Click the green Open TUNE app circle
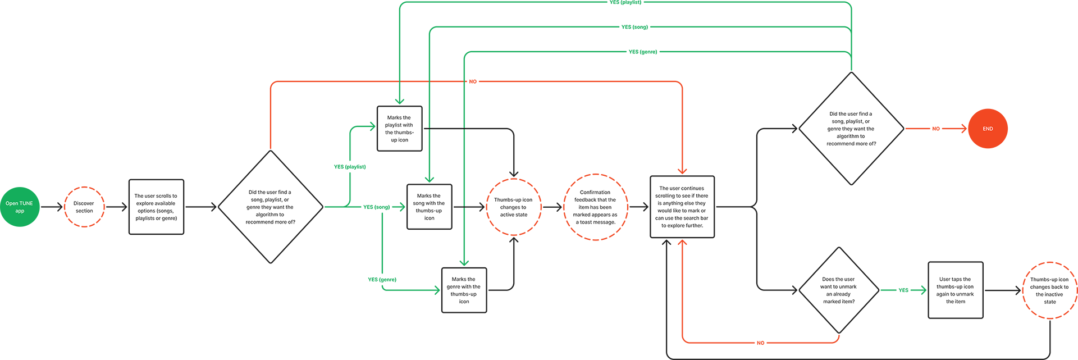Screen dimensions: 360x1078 tap(20, 207)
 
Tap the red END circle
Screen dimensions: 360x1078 tap(988, 129)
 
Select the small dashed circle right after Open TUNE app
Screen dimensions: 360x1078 tap(84, 207)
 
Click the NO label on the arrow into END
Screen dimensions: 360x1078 tap(936, 129)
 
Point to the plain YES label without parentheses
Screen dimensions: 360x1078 tap(903, 290)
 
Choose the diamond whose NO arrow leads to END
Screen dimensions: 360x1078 tap(851, 129)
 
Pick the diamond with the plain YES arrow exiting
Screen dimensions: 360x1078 tap(839, 290)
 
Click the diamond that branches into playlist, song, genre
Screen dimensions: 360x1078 tap(271, 207)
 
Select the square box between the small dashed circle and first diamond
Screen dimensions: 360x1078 tap(157, 207)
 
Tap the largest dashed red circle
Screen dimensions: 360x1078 tap(596, 207)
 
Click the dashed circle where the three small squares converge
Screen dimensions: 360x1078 tap(514, 207)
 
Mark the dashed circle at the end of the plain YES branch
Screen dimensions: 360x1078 tap(1050, 290)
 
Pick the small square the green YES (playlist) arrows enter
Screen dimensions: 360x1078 tap(399, 129)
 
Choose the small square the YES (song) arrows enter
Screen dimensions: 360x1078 tap(429, 207)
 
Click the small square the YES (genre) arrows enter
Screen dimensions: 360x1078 tap(464, 290)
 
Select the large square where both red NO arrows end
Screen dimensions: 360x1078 tap(682, 207)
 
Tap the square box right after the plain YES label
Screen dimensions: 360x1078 tap(956, 290)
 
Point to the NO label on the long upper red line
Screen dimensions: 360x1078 tap(473, 81)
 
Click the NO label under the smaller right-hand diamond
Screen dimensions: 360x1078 tap(760, 343)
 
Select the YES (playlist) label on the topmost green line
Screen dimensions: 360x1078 tap(625, 2)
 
